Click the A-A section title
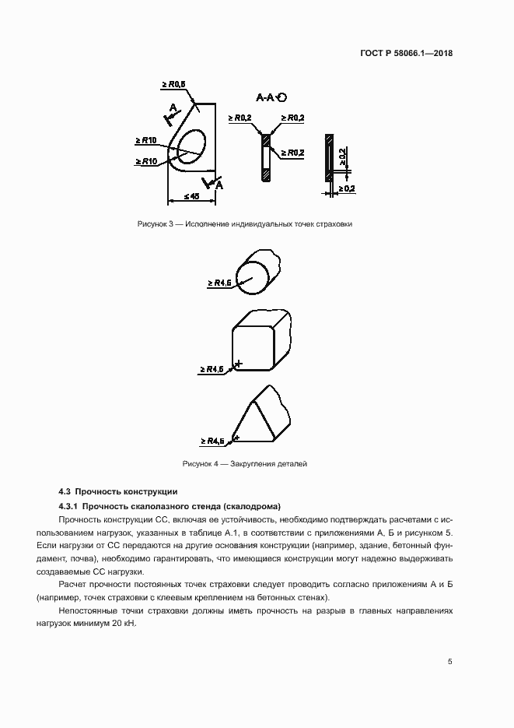pos(267,97)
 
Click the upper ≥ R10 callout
pos(146,140)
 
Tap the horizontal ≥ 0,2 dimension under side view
pos(344,188)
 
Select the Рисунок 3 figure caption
pos(245,224)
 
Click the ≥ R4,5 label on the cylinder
pos(220,283)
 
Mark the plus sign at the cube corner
pos(239,364)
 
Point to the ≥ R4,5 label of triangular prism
pos(212,441)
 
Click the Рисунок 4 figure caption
pos(245,464)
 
